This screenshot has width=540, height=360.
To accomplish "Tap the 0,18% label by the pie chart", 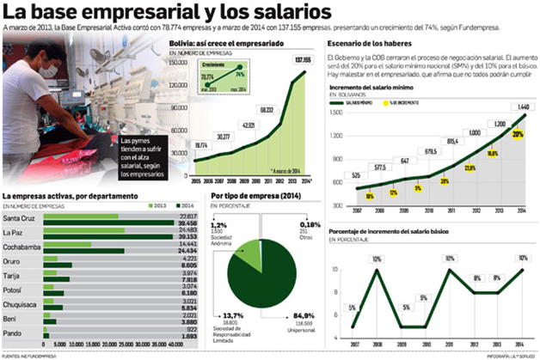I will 303,225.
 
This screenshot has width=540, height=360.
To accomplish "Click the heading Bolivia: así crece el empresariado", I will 249,43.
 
